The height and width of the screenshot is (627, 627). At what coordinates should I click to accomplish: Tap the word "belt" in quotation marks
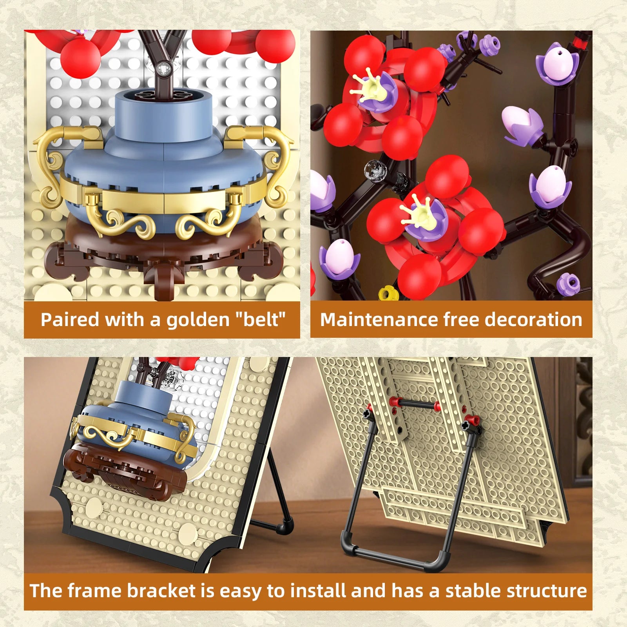(260, 319)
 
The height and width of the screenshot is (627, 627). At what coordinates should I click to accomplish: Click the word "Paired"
(70, 319)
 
